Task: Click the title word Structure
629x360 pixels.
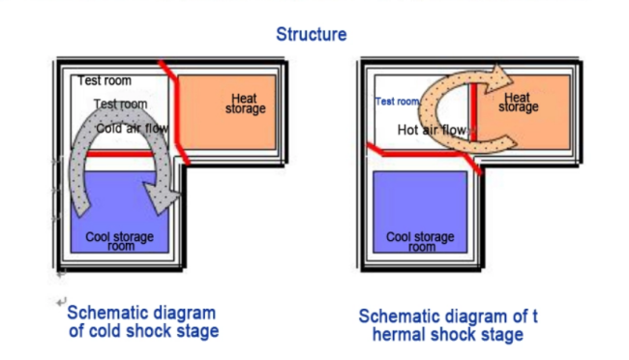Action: coord(312,35)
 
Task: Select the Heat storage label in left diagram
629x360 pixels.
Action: coord(245,104)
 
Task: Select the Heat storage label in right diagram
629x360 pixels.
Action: coord(519,103)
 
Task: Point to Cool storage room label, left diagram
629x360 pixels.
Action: coord(120,241)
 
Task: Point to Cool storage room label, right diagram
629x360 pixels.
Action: coord(420,241)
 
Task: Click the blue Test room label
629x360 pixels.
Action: coord(397,102)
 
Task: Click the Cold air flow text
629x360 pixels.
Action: coord(132,129)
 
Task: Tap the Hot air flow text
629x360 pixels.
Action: coord(432,130)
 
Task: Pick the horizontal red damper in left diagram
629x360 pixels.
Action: coord(120,154)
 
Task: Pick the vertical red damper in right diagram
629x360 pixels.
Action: coord(473,111)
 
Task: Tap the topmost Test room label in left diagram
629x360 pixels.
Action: coord(105,80)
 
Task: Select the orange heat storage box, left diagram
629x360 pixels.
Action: coord(227,112)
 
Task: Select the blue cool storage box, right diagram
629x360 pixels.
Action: coord(420,212)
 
